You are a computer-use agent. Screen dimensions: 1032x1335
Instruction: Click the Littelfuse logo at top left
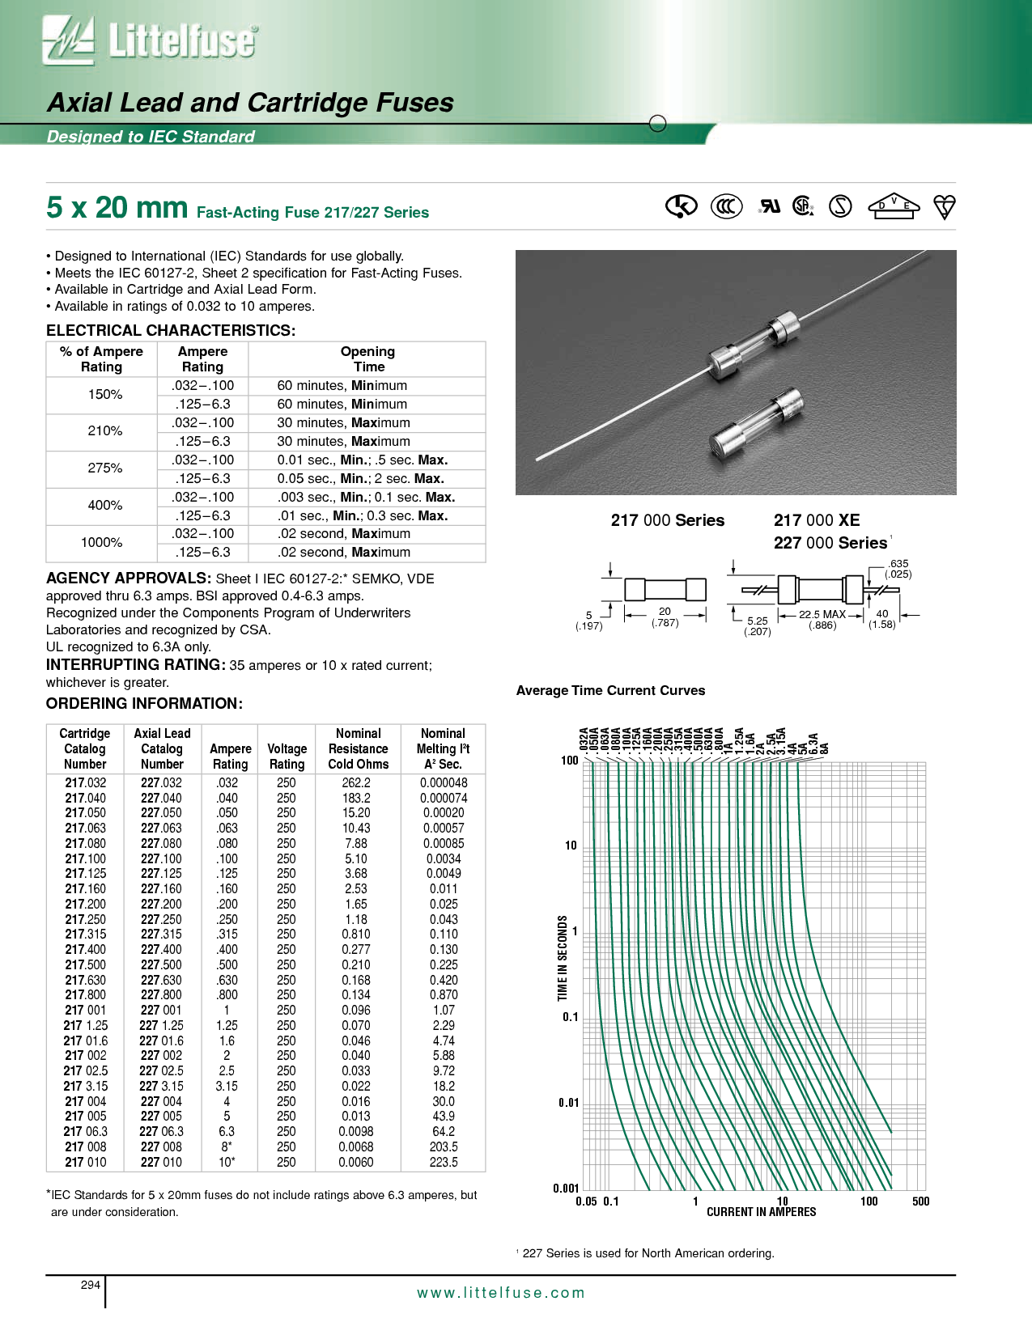click(151, 40)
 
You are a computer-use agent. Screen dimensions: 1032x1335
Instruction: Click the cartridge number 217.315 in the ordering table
click(86, 934)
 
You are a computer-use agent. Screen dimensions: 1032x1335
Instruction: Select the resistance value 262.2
click(356, 782)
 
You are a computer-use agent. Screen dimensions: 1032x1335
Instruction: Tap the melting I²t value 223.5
click(444, 1162)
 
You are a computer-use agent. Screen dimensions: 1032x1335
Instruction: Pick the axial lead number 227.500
click(161, 964)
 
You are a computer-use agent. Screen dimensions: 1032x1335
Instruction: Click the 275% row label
click(104, 468)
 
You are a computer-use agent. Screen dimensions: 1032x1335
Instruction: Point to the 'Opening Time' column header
click(368, 358)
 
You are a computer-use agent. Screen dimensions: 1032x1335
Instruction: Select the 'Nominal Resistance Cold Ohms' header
click(359, 748)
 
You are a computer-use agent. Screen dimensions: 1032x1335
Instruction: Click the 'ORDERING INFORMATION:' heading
click(144, 703)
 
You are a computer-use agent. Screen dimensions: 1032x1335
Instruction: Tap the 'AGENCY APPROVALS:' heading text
click(129, 578)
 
